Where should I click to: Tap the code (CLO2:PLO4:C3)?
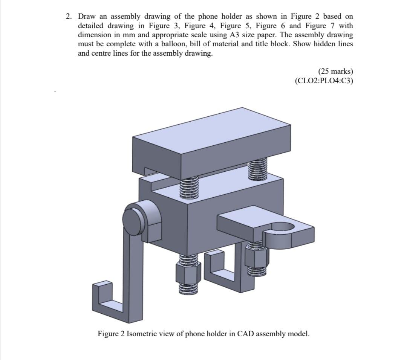[x=324, y=80]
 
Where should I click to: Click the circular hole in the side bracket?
[x=282, y=226]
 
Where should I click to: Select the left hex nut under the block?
[x=187, y=273]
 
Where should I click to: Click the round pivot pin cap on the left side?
[x=132, y=220]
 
